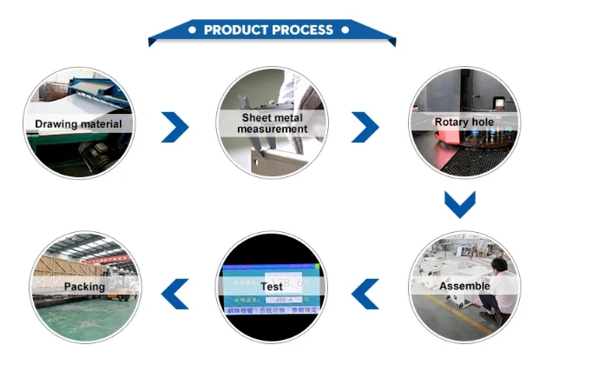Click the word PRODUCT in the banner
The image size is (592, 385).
tap(236, 30)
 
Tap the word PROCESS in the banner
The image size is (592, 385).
tap(302, 30)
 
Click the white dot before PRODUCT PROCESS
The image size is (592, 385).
tap(193, 30)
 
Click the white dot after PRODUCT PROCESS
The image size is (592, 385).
tap(345, 30)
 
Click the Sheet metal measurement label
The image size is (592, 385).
tap(272, 123)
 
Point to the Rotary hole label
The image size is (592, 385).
tap(464, 123)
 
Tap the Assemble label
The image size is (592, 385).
tap(464, 286)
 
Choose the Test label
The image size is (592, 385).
tap(272, 286)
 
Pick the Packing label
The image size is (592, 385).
tap(84, 286)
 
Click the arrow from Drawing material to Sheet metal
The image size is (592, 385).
tap(175, 127)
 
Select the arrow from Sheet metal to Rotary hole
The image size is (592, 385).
tap(365, 127)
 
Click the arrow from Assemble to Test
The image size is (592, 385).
tap(365, 294)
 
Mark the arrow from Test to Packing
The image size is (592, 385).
tap(175, 294)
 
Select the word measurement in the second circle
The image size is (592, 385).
tap(272, 129)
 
